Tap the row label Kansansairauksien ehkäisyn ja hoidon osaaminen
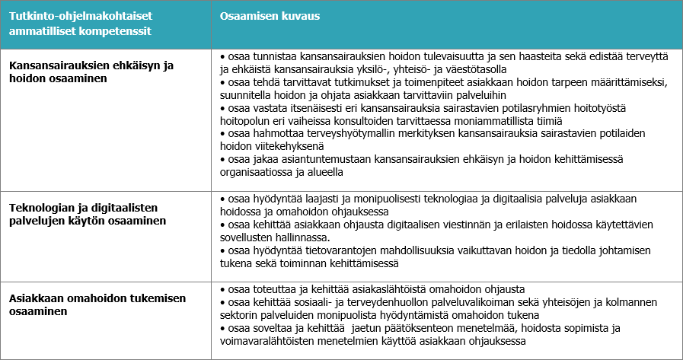coord(91,72)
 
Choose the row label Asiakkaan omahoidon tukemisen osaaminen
coord(97,304)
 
